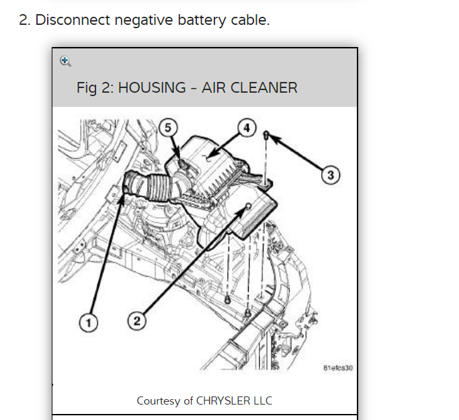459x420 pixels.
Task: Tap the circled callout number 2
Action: tap(136, 321)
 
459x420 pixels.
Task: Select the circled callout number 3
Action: tap(330, 175)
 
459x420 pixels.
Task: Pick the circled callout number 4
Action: tap(247, 127)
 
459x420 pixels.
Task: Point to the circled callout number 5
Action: tap(169, 127)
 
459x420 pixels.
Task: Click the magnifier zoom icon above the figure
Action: tap(65, 61)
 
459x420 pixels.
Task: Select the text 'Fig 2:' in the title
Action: tap(95, 88)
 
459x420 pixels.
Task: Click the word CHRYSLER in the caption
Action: tap(223, 401)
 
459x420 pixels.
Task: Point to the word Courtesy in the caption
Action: tap(159, 401)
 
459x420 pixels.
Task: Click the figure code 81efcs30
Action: tap(337, 368)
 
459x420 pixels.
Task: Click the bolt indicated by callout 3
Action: tap(267, 136)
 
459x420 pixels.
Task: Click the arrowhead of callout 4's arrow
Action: tap(210, 159)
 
